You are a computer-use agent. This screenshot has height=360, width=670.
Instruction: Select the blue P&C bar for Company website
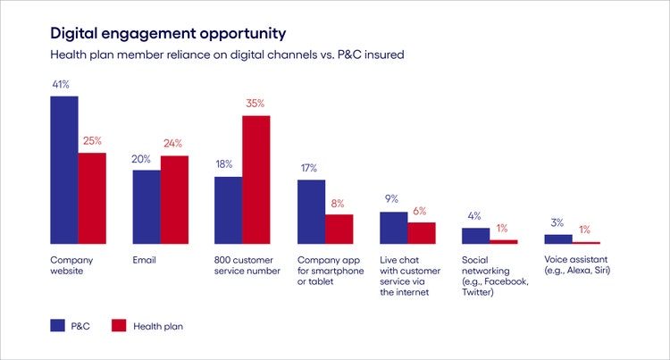pyautogui.click(x=63, y=170)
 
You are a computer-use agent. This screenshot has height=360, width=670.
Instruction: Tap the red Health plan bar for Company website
pyautogui.click(x=91, y=198)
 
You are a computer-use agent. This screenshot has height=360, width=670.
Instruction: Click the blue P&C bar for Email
pyautogui.click(x=147, y=207)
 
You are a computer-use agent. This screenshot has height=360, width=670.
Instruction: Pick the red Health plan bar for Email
pyautogui.click(x=174, y=200)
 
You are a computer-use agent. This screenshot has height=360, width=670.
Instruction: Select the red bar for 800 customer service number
pyautogui.click(x=255, y=180)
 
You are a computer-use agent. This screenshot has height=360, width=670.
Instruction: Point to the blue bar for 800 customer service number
pyautogui.click(x=228, y=210)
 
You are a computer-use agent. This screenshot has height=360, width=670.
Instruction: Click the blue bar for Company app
pyautogui.click(x=311, y=212)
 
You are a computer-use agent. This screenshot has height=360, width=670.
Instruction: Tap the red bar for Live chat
pyautogui.click(x=422, y=233)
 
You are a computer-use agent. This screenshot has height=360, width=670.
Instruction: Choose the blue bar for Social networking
pyautogui.click(x=475, y=236)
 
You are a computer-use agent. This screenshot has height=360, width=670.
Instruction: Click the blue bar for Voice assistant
pyautogui.click(x=558, y=239)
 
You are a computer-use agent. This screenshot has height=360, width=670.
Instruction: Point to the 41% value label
pyautogui.click(x=63, y=85)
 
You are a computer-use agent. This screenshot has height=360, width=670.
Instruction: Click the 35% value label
pyautogui.click(x=255, y=104)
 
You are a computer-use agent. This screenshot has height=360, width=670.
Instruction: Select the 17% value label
pyautogui.click(x=311, y=168)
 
